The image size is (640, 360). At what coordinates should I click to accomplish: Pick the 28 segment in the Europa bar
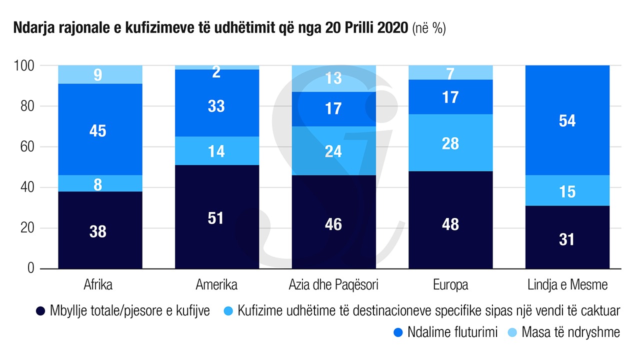(450, 143)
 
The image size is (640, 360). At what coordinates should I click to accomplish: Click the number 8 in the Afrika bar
(98, 185)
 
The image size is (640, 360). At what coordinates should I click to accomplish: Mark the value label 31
(567, 239)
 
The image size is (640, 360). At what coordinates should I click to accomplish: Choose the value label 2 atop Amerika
(216, 72)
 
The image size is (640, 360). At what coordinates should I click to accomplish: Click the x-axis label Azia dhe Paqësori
(333, 285)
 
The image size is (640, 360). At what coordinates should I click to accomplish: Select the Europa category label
(450, 285)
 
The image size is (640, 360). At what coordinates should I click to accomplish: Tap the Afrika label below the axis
(98, 285)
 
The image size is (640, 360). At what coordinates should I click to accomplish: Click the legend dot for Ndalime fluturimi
(398, 332)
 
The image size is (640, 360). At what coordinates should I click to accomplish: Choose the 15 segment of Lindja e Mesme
(567, 191)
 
